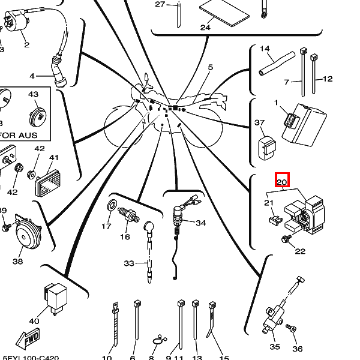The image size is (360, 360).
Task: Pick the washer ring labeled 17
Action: coord(112,208)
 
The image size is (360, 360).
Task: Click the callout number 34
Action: coord(200,223)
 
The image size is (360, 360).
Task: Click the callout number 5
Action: coord(211,67)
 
